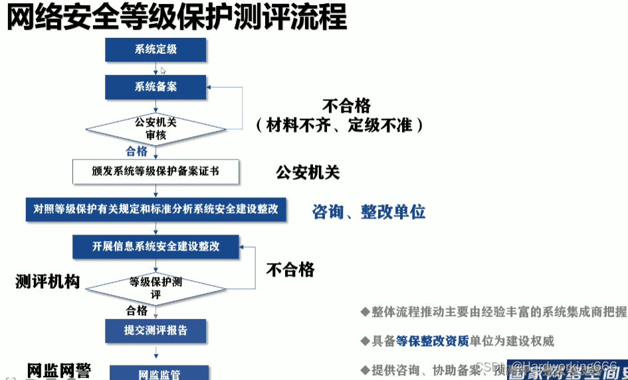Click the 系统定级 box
click(156, 49)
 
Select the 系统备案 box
click(156, 87)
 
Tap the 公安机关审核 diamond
click(156, 128)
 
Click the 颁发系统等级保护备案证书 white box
click(156, 171)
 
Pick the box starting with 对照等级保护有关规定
click(156, 209)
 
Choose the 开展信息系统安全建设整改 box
click(156, 246)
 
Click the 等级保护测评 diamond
click(156, 287)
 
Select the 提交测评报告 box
click(156, 330)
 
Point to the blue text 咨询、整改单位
click(368, 212)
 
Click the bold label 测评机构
click(47, 282)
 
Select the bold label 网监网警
click(58, 371)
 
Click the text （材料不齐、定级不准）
click(340, 124)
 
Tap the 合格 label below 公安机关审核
click(136, 151)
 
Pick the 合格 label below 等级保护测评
click(136, 310)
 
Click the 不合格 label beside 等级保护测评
click(290, 269)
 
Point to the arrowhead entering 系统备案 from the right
click(211, 87)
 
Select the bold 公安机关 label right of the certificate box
click(308, 173)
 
